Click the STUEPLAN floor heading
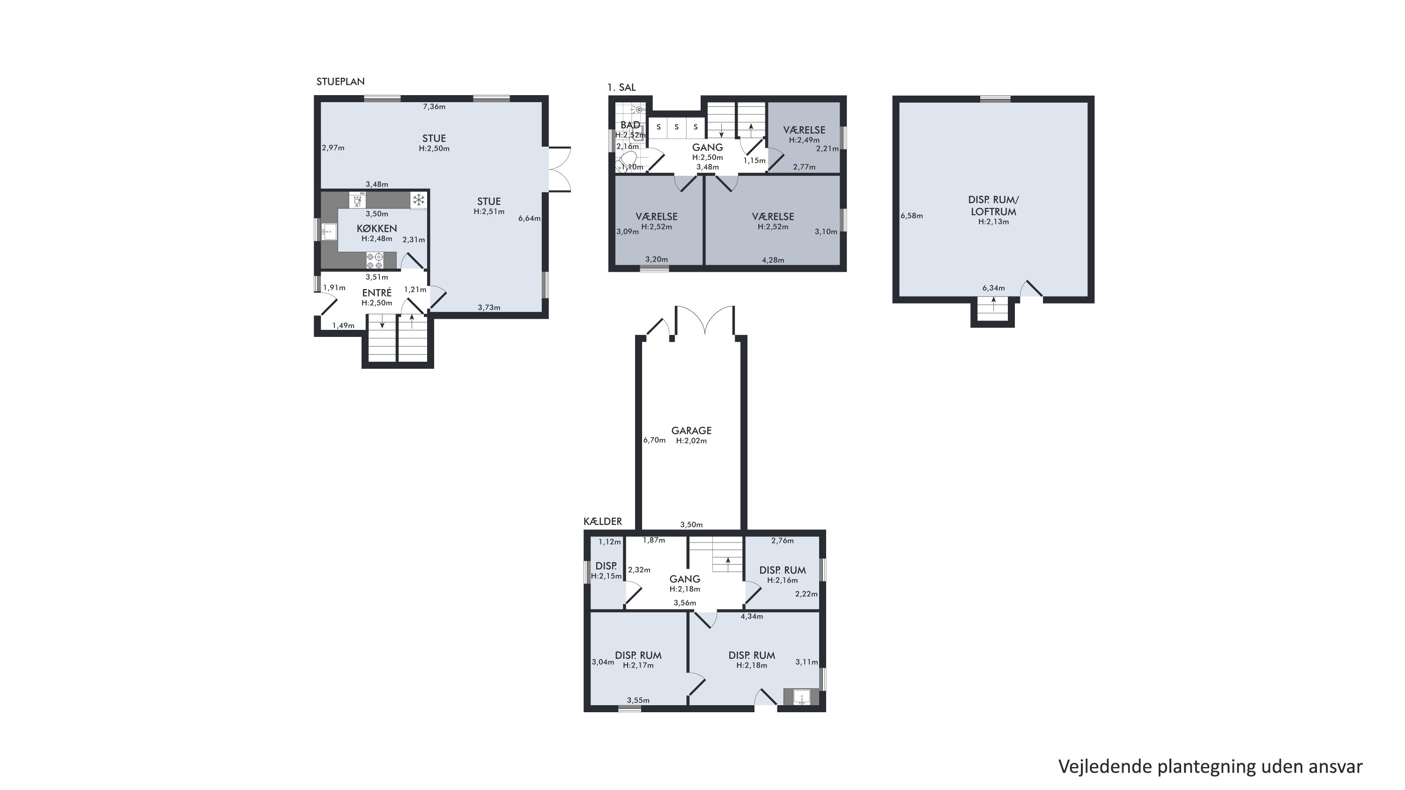(340, 81)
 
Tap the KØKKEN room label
(377, 229)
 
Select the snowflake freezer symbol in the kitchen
(418, 200)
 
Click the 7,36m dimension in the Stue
(434, 106)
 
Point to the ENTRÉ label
(377, 293)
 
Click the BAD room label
(630, 125)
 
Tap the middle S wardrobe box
(676, 127)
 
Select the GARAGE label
(691, 431)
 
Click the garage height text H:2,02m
(691, 441)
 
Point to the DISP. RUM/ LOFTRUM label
(993, 206)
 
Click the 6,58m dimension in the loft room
(911, 216)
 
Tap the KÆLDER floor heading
(603, 521)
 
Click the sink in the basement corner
(801, 698)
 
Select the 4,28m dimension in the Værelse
(773, 260)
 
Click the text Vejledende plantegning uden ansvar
(1210, 766)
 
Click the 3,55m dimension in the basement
(638, 700)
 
